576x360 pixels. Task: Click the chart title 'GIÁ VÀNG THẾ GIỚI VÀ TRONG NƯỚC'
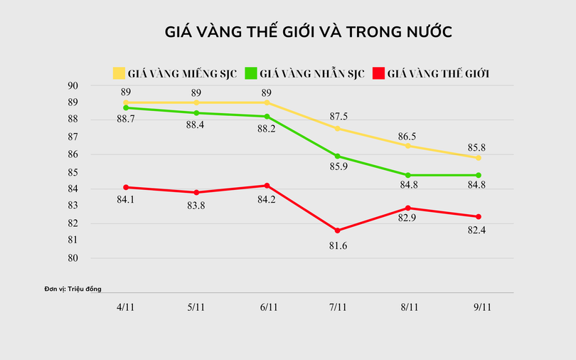309,32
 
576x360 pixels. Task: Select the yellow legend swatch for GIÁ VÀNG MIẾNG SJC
119,73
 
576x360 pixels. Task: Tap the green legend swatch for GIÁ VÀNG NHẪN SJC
251,73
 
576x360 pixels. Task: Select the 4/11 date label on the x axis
126,307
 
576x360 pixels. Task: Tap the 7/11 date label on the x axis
338,307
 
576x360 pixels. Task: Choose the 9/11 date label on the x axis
479,307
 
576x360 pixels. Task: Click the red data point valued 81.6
338,231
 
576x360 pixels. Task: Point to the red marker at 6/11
267,186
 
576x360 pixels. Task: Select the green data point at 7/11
338,156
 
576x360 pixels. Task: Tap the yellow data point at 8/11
408,146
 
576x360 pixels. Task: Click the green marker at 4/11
126,108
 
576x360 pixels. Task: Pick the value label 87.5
338,117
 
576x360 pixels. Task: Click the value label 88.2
267,130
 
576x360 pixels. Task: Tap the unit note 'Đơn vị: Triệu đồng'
73,289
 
